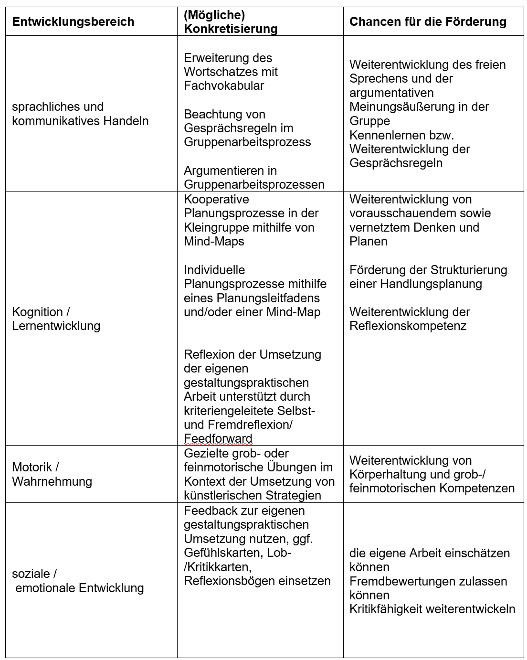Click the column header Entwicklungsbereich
point(73,22)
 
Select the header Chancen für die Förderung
point(428,21)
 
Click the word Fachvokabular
point(224,85)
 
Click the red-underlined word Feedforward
point(218,438)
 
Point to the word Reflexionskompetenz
point(408,326)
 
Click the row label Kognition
point(37,312)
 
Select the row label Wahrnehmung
point(52,481)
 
